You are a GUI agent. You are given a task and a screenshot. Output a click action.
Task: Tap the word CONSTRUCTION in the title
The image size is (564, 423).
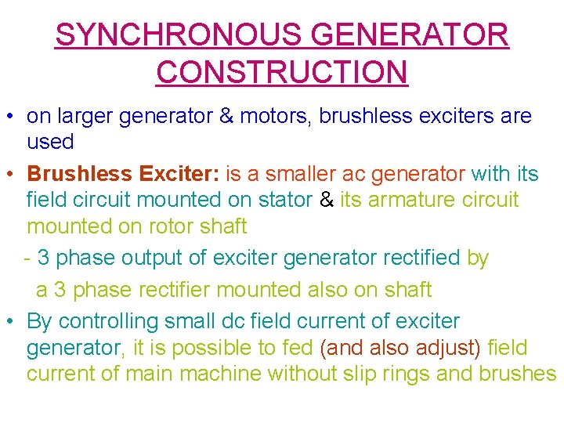[x=282, y=71]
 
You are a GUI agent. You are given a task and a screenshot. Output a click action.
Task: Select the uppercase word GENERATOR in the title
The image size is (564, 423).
[x=410, y=34]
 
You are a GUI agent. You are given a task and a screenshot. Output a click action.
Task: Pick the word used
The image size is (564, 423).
[x=50, y=143]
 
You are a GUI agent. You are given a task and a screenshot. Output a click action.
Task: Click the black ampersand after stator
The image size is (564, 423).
[x=327, y=200]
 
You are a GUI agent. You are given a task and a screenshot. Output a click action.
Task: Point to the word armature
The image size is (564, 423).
[x=413, y=200]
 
